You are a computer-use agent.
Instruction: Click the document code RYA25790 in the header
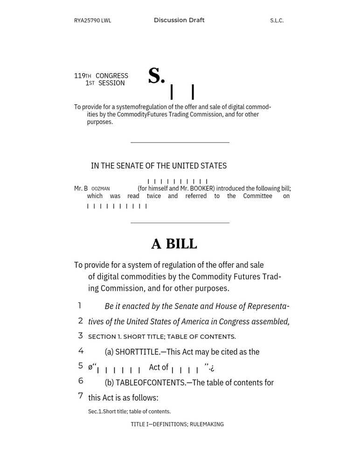coord(87,21)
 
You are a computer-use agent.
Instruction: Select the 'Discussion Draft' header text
coord(179,20)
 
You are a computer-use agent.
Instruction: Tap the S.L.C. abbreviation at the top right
coord(277,21)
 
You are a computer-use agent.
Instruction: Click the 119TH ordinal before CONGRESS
coord(83,75)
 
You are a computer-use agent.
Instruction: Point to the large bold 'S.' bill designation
coord(156,76)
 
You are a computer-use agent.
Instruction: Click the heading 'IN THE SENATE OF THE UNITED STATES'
coord(159,165)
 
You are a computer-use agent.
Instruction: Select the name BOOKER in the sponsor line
coord(202,189)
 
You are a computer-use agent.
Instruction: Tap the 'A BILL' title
coord(174,244)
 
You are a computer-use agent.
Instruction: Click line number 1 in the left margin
coord(80,306)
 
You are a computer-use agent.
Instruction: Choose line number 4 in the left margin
coord(81,351)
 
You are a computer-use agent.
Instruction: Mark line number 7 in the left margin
coord(81,396)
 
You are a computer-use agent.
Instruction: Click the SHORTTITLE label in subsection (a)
coord(137,352)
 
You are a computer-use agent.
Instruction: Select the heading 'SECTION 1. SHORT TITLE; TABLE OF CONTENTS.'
coord(162,336)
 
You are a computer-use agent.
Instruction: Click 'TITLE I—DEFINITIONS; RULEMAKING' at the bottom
coord(177,424)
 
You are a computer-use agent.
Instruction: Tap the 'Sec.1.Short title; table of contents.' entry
coord(129,411)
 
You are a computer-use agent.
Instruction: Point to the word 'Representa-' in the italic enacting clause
coord(268,306)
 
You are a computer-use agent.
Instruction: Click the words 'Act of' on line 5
coord(159,367)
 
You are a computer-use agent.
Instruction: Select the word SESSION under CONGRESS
coord(111,83)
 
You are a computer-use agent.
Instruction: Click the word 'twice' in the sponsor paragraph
coord(154,196)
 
